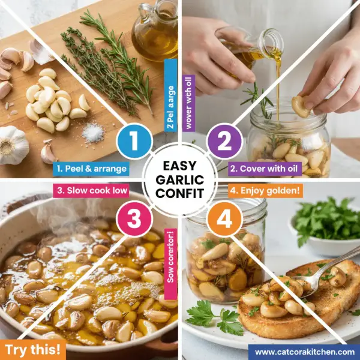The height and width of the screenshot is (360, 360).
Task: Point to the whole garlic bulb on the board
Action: (x=13, y=145)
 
